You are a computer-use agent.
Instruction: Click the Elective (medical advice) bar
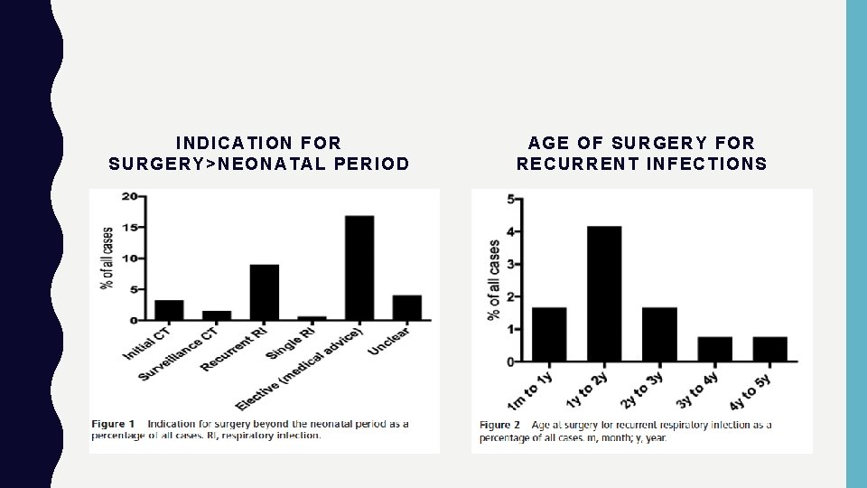click(359, 268)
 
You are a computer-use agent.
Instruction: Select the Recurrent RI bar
click(265, 293)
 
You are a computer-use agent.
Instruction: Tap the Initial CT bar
click(169, 310)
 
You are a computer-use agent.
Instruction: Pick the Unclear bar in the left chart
click(406, 307)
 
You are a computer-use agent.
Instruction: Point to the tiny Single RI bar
click(312, 318)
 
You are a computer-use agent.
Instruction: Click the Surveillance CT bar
click(217, 315)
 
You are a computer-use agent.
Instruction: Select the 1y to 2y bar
click(604, 294)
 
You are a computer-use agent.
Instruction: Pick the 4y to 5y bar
click(769, 349)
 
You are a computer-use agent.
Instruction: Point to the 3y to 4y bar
click(714, 349)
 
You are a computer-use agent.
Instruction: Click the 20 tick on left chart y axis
click(129, 196)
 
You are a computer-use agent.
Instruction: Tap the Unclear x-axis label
click(389, 342)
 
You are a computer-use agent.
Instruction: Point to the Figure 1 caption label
click(114, 424)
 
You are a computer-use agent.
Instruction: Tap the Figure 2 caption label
click(499, 425)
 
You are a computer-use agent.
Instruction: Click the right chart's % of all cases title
click(493, 279)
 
